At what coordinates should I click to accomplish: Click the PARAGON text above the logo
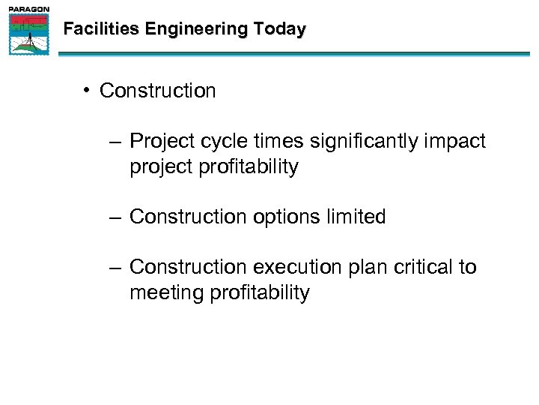click(x=29, y=9)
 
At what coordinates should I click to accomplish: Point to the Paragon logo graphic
click(x=29, y=34)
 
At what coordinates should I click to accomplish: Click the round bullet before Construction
click(x=88, y=91)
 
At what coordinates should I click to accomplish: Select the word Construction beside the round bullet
click(x=157, y=91)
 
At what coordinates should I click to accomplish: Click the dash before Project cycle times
click(x=114, y=142)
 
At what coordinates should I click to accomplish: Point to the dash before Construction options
click(x=114, y=217)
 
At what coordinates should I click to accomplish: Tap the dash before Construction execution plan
click(x=114, y=268)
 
